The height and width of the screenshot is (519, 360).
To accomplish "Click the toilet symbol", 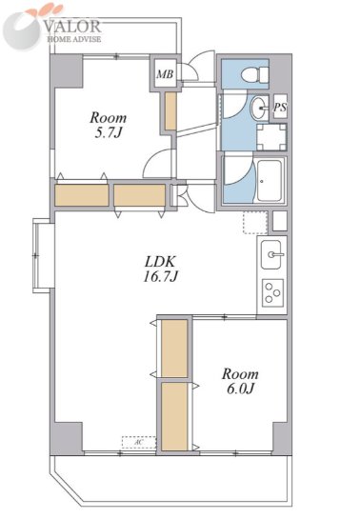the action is pyautogui.click(x=255, y=75).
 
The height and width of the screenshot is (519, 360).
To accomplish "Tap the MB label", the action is pyautogui.click(x=165, y=74).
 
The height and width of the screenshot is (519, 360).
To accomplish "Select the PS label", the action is pyautogui.click(x=280, y=107).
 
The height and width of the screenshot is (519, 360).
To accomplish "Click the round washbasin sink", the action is pyautogui.click(x=259, y=108).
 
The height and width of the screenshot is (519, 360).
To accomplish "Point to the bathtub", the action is pyautogui.click(x=270, y=181).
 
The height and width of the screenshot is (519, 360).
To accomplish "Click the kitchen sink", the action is pyautogui.click(x=271, y=254).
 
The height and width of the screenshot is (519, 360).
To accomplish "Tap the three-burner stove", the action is pyautogui.click(x=273, y=293).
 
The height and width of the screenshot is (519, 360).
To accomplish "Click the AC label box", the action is pyautogui.click(x=139, y=442).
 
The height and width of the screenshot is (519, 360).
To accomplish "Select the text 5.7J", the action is pyautogui.click(x=109, y=133).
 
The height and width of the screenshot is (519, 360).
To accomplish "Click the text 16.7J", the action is pyautogui.click(x=161, y=276).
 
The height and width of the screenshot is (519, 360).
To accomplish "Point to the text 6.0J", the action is pyautogui.click(x=240, y=389).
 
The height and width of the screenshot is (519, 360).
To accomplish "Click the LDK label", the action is pyautogui.click(x=159, y=262).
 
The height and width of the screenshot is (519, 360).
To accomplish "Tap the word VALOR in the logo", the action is pyautogui.click(x=72, y=27).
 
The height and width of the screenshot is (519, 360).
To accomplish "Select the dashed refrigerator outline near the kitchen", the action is pyautogui.click(x=255, y=223).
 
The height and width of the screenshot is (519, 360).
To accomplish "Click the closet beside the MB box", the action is pyautogui.click(x=170, y=110).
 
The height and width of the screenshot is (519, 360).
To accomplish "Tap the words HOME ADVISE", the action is pyautogui.click(x=74, y=39).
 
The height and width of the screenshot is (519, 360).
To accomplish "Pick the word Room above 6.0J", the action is pyautogui.click(x=240, y=374).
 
